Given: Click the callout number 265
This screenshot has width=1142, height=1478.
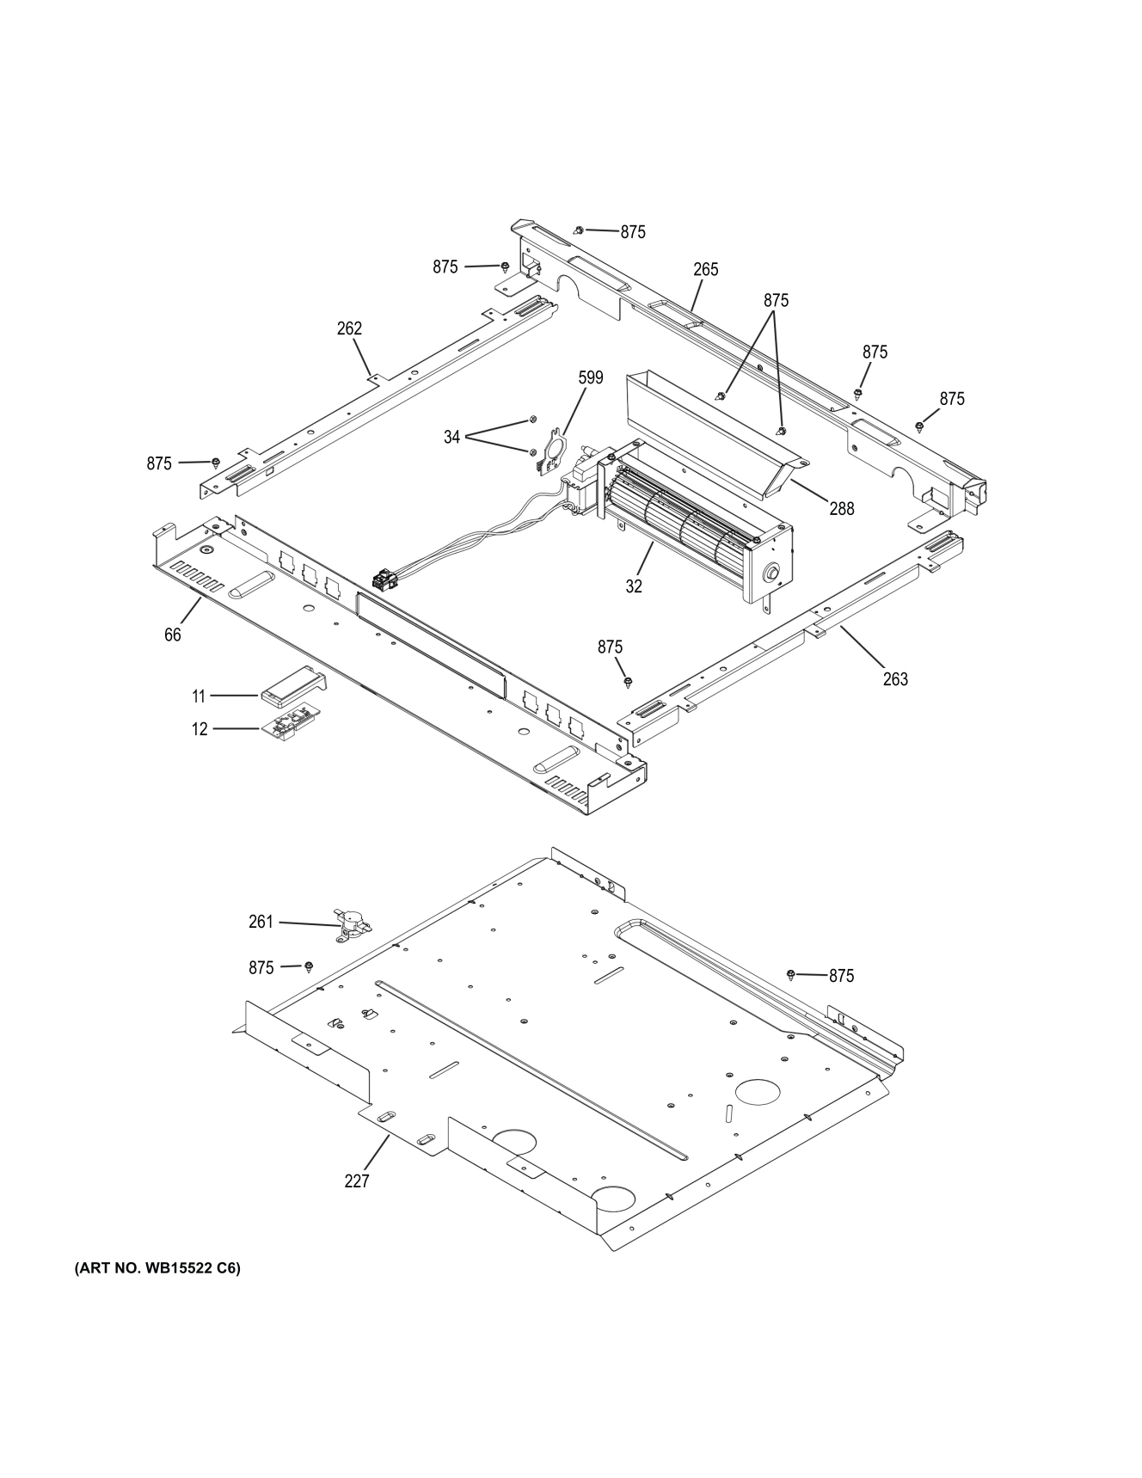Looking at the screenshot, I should (705, 269).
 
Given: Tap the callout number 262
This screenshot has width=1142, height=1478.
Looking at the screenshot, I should (349, 328).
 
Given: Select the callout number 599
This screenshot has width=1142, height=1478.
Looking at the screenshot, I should (590, 377).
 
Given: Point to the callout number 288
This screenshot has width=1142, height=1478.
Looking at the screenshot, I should (841, 508).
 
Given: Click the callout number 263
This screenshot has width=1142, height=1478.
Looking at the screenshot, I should (894, 679).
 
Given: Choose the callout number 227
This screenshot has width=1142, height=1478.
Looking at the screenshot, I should (356, 1181).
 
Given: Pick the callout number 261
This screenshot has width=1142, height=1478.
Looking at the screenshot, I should (260, 922).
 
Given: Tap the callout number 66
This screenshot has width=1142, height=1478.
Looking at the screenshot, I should (173, 635).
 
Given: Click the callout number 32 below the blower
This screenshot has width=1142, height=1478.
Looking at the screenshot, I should (633, 586).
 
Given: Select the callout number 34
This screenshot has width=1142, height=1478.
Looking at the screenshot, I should (452, 438).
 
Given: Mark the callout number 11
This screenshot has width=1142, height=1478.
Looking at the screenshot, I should (199, 695).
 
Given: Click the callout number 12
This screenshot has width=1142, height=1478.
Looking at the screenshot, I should (200, 729).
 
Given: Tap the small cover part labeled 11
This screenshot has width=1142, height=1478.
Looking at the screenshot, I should (292, 685).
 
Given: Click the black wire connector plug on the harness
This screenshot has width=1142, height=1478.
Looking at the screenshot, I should (384, 582).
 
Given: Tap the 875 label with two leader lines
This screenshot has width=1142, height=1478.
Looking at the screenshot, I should (775, 300).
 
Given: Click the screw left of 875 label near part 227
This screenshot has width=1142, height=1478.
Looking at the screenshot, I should (791, 974).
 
